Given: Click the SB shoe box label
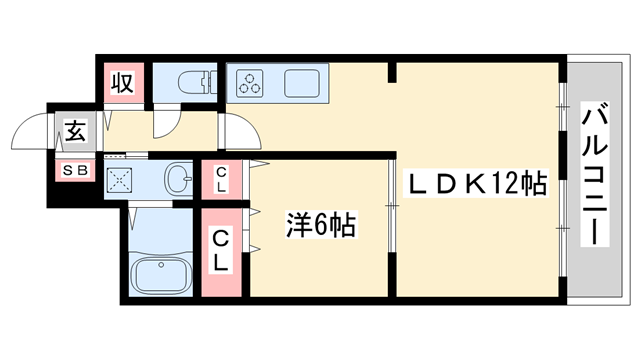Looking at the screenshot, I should point(76,170).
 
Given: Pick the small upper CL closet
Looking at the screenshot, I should point(221,180).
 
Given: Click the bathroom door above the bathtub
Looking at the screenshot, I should point(135,216).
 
